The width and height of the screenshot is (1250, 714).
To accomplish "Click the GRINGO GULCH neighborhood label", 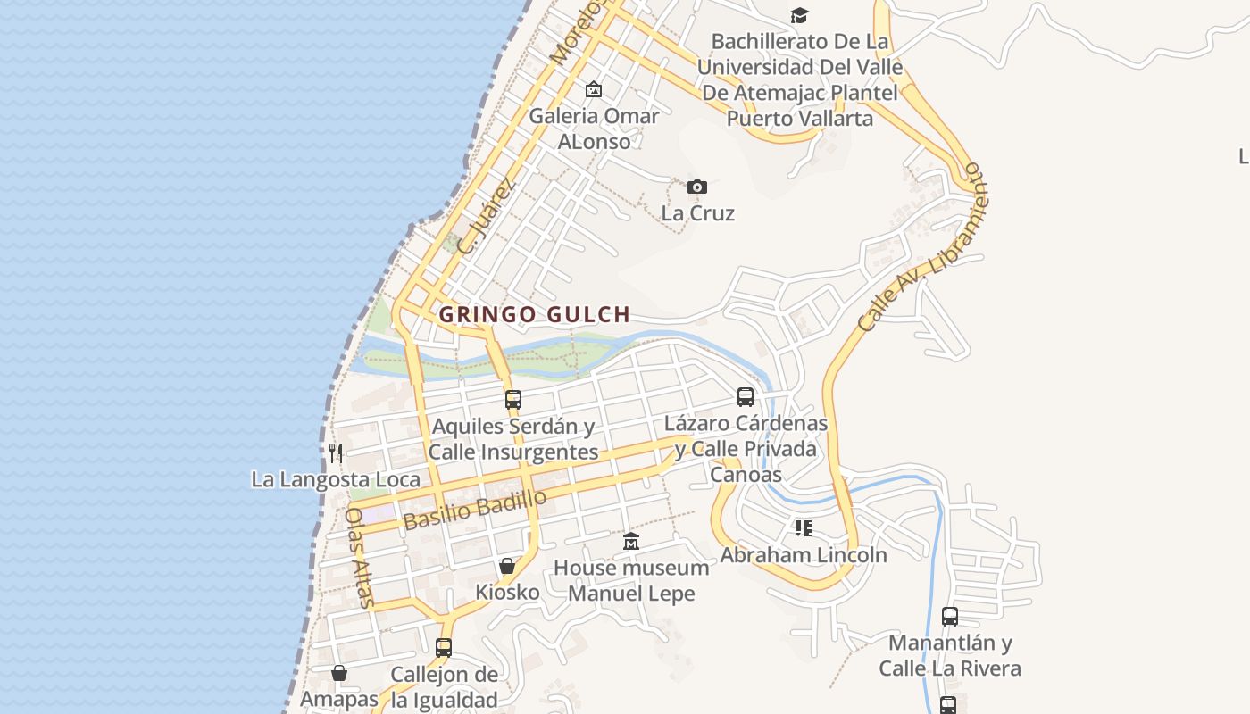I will coord(534,314).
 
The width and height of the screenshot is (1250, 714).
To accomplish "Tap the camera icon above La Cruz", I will coord(697,187).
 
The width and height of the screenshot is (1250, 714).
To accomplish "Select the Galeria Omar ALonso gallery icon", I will coord(593,89).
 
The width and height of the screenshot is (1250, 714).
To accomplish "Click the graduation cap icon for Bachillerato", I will coord(799,15).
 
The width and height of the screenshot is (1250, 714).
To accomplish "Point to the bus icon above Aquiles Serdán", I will coord(512,399).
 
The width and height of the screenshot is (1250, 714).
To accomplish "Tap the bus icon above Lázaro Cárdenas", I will coord(746,396).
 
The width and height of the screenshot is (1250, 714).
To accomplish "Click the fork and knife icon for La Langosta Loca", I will coord(336,452).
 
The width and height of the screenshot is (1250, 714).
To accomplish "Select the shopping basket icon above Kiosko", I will coord(507,566).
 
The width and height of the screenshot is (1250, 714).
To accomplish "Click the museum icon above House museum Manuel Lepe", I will coord(631,541).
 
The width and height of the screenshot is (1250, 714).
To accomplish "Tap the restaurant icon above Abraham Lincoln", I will coord(804,528).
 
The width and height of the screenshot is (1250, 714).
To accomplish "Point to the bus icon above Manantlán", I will coord(950,616).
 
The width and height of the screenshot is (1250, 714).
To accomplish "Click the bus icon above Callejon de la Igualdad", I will coord(444,647).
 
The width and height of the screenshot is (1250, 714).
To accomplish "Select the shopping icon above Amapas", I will coord(339,672).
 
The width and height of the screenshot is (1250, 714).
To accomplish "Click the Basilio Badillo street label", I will coord(474,510).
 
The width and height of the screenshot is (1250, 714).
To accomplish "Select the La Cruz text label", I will coord(697,213).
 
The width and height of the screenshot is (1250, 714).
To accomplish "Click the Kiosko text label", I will coord(507,592).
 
